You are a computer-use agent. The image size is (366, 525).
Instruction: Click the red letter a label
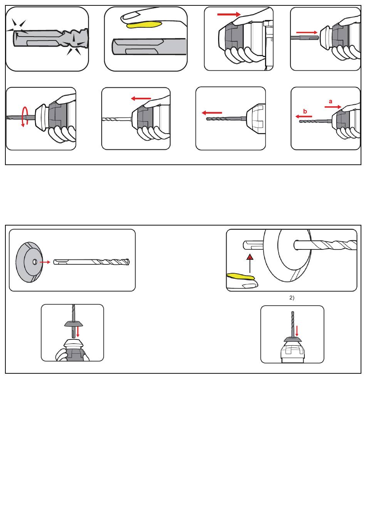click(330, 102)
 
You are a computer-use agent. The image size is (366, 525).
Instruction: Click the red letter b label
click(305, 111)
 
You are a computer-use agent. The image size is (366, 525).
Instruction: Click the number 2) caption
click(292, 298)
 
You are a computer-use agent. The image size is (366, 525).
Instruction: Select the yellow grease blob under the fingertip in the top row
click(144, 24)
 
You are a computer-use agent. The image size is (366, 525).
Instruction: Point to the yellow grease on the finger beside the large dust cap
click(241, 276)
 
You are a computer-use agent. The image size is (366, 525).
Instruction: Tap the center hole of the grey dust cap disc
click(34, 262)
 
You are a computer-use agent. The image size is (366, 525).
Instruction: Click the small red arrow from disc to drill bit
click(45, 262)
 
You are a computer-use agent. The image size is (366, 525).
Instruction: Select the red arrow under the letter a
click(333, 107)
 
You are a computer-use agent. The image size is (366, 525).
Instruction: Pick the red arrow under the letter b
click(304, 117)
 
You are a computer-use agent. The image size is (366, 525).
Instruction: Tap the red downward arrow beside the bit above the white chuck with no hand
click(297, 331)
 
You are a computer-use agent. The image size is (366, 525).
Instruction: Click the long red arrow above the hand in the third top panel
click(229, 14)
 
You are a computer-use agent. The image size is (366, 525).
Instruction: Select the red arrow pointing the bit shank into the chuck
click(307, 33)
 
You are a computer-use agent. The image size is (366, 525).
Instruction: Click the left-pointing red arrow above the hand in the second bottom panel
click(141, 99)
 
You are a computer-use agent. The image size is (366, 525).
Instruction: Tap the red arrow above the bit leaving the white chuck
click(212, 113)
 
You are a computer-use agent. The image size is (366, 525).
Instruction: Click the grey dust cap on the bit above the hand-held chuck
click(74, 324)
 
